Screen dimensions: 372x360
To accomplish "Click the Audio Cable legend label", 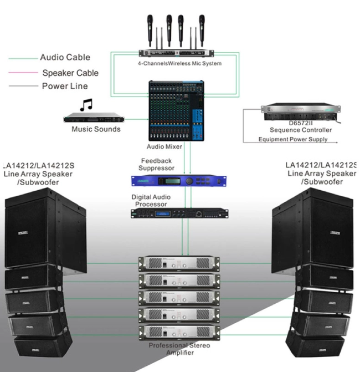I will (65, 57).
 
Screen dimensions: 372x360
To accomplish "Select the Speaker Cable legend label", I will (70, 73).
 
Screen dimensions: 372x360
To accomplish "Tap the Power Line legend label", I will (65, 86).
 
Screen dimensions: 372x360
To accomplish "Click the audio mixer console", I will (176, 111).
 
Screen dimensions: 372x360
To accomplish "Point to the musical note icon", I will (85, 105).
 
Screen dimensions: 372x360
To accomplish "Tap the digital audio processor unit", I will (179, 213).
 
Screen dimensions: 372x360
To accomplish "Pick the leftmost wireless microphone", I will (150, 27).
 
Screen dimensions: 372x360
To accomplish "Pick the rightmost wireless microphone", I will (202, 27).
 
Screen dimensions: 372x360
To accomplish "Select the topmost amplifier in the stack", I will (179, 263).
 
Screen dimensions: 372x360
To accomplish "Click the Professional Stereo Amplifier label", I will (179, 349).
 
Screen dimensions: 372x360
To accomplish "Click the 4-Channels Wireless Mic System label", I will (180, 64).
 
